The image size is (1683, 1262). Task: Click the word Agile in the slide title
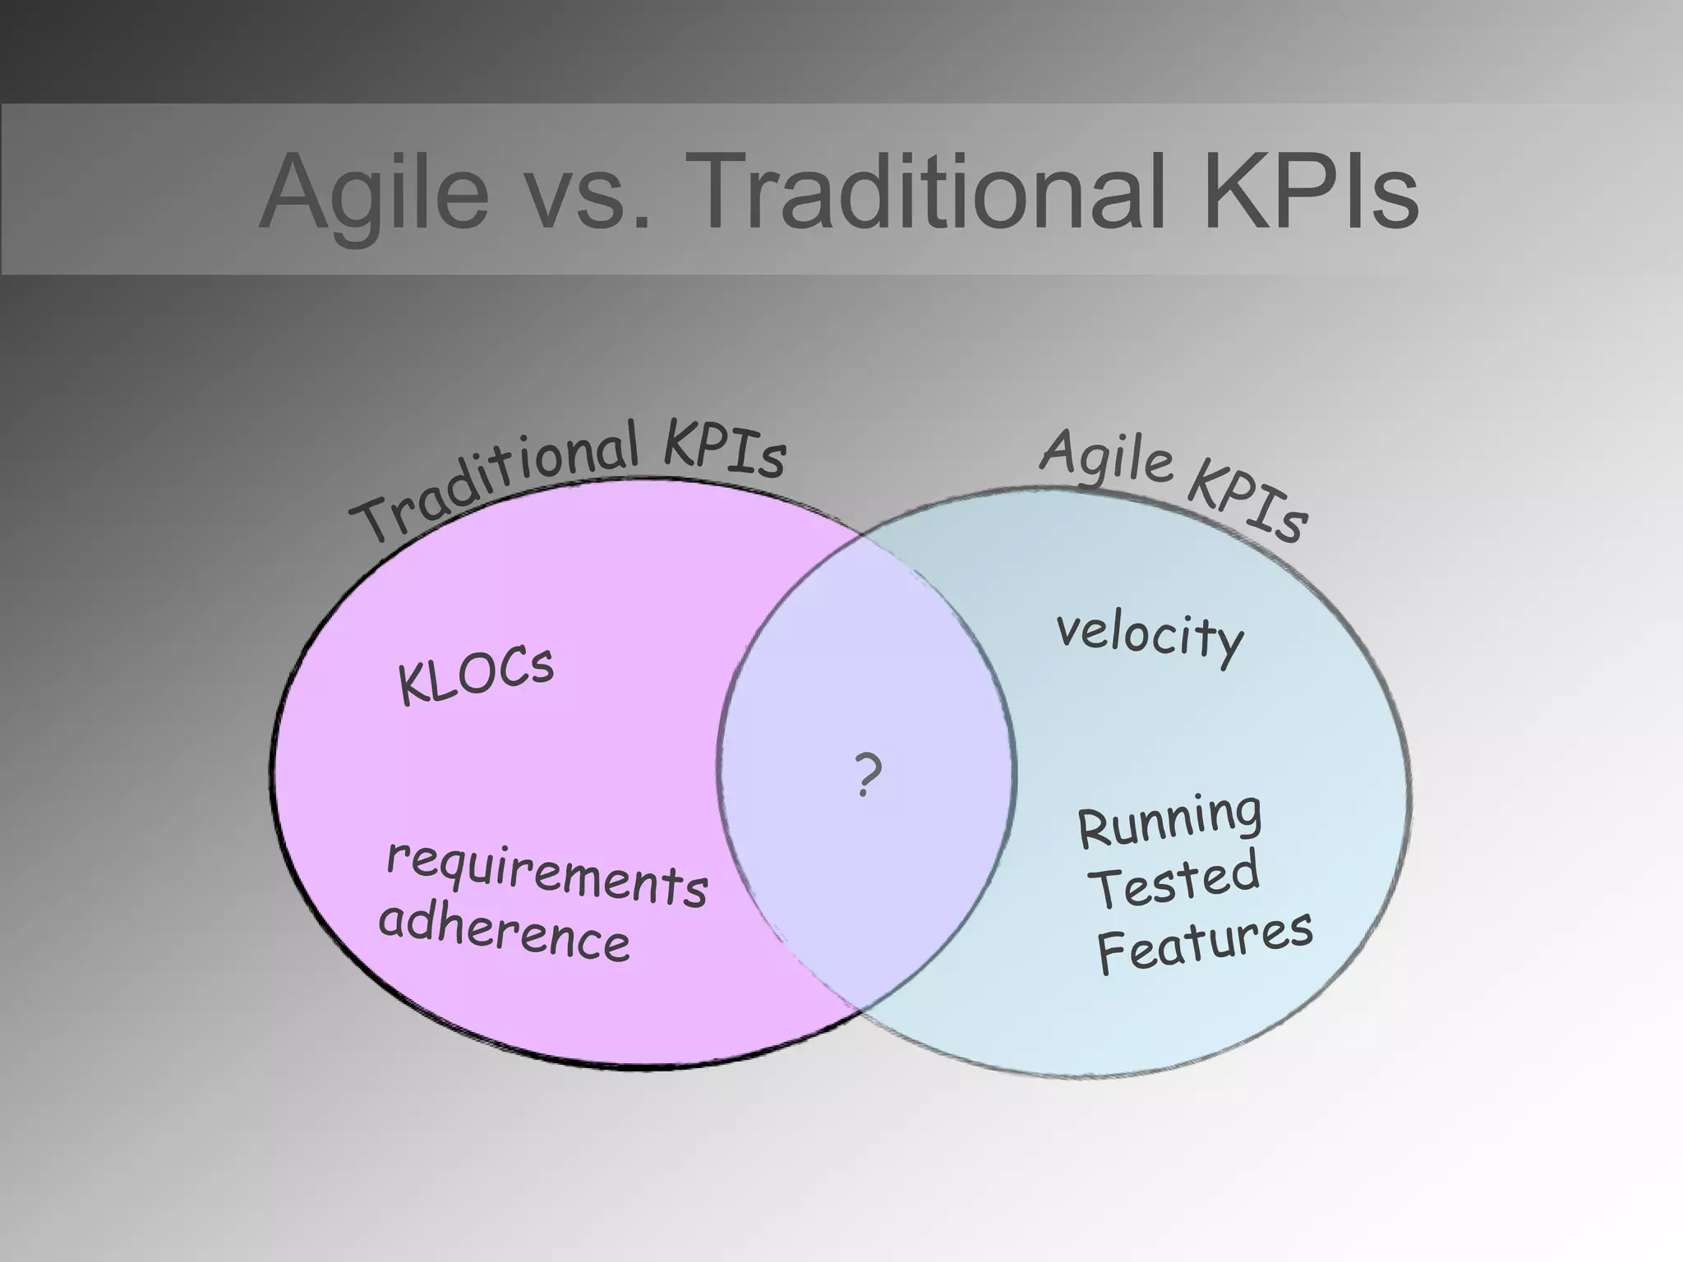coord(374,193)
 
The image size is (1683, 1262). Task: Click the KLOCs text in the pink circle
coord(476,675)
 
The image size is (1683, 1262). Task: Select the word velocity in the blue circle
coord(1150,636)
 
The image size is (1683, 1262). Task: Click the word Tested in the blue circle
coord(1176,880)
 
